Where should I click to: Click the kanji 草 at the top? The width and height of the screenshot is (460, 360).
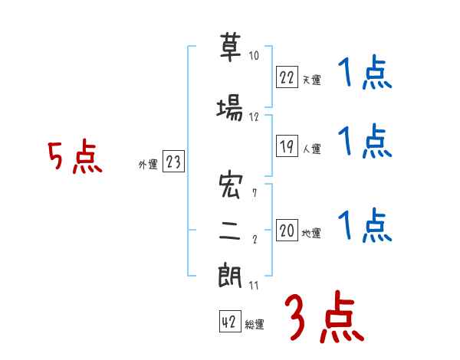coord(230,49)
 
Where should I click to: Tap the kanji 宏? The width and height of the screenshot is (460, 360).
coord(230,186)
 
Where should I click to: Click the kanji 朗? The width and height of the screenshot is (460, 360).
coord(230,277)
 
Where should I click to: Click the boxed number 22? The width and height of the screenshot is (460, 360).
coord(287,77)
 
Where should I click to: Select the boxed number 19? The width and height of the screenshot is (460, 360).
coord(287,146)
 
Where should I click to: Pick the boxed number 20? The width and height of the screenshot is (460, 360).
coord(287,231)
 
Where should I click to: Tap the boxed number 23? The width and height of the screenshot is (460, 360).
coord(173,162)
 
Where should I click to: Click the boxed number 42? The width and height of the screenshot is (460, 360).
coord(229,322)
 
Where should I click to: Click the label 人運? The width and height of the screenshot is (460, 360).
coord(312,149)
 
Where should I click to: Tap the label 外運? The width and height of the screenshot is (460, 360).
coord(147,164)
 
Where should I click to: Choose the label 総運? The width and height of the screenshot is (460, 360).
coord(255,325)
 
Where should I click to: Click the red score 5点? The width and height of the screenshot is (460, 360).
coord(74,158)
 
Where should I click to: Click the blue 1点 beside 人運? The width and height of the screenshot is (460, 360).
coord(365,142)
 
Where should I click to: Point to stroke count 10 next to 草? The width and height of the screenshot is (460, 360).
coord(254,55)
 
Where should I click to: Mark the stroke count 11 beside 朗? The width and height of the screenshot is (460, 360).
coord(254,285)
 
